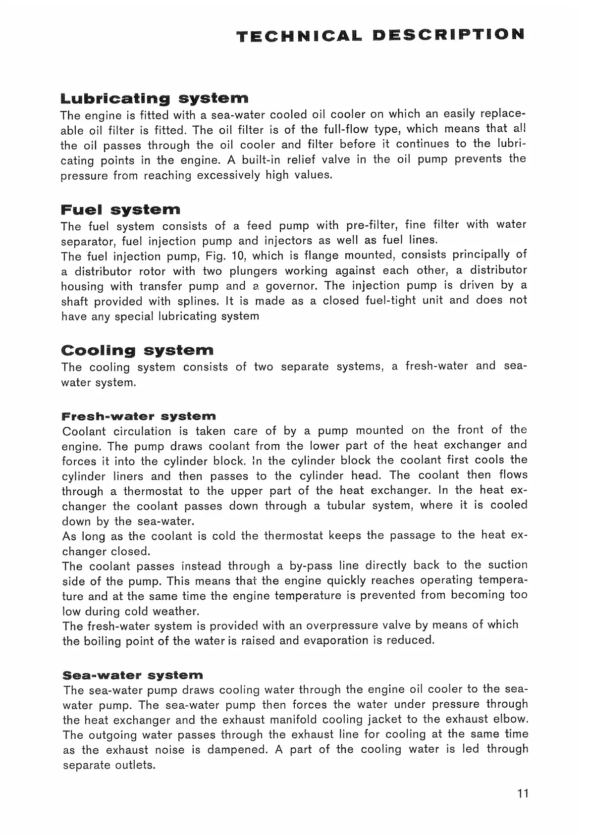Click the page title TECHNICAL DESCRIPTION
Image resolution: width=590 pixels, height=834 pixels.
coord(379,35)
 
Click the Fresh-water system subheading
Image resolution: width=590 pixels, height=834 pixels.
coord(139,416)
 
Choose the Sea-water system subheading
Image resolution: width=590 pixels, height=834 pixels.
coord(133,675)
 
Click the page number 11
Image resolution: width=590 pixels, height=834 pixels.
coord(523,793)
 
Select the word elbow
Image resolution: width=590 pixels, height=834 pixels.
coord(511,719)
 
